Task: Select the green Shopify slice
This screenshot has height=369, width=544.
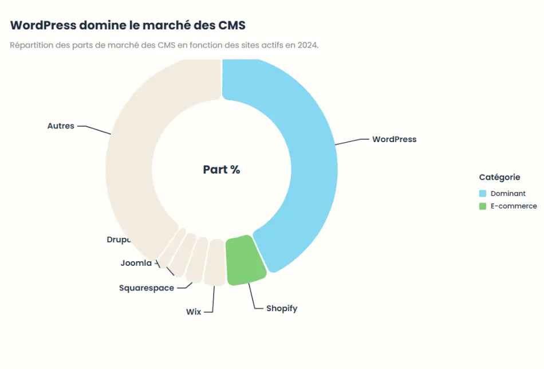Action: (x=246, y=261)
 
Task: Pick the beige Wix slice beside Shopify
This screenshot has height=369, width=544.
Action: (x=215, y=262)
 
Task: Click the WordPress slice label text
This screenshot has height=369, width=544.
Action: (x=394, y=139)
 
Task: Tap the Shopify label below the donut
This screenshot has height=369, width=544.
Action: (x=282, y=308)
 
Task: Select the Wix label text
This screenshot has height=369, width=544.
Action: (x=194, y=312)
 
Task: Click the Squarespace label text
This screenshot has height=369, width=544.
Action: (x=147, y=288)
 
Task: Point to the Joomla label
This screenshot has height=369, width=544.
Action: (x=136, y=263)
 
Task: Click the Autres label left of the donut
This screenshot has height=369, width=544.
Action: (x=61, y=125)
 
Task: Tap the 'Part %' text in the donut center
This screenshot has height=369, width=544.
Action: (x=222, y=170)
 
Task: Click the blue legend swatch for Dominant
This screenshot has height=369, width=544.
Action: (x=483, y=194)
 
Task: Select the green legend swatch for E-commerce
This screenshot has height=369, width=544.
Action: (x=483, y=206)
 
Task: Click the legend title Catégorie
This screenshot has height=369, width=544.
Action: (x=499, y=178)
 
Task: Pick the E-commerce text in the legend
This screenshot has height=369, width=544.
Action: (x=514, y=206)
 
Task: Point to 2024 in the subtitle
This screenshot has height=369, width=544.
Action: (x=307, y=45)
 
